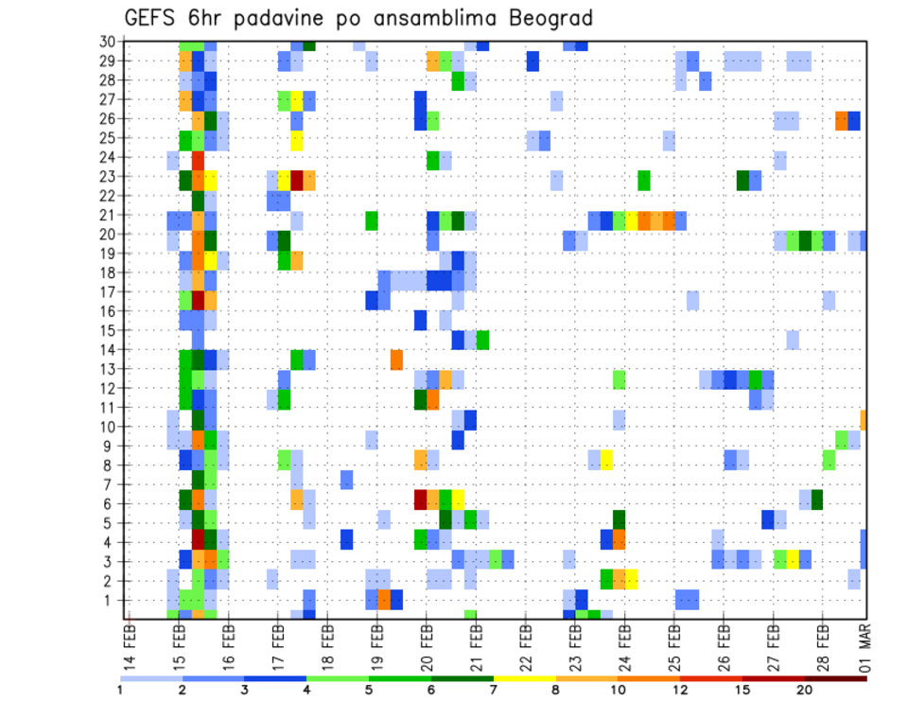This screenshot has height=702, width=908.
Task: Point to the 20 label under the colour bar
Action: pyautogui.click(x=804, y=690)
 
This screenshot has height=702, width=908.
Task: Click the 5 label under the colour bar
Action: pyautogui.click(x=368, y=690)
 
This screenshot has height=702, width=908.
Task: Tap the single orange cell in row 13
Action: pyautogui.click(x=396, y=360)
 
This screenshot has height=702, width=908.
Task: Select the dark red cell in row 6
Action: pyautogui.click(x=421, y=499)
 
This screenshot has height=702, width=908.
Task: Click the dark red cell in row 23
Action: pyautogui.click(x=297, y=180)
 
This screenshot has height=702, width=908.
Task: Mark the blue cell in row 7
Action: pyautogui.click(x=346, y=480)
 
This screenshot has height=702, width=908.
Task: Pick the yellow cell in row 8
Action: pyautogui.click(x=606, y=460)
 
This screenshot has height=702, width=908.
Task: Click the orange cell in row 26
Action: pyautogui.click(x=842, y=120)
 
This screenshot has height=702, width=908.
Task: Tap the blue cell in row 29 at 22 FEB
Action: pyautogui.click(x=533, y=61)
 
